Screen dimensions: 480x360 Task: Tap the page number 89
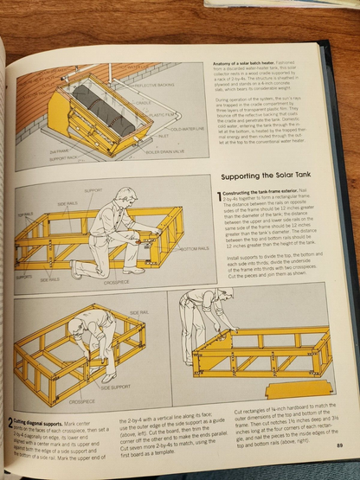click(338, 445)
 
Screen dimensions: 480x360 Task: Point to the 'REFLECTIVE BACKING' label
click(155, 86)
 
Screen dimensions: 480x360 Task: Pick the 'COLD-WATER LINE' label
click(189, 130)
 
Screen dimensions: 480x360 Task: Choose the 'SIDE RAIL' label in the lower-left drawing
click(139, 311)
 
